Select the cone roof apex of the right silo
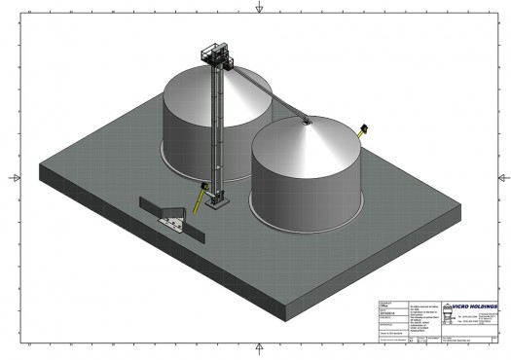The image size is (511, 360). click(308, 121)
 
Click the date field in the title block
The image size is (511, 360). click(387, 316)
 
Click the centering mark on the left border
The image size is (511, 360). click(11, 178)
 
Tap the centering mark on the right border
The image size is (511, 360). click(500, 178)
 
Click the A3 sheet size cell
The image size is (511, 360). click(412, 342)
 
